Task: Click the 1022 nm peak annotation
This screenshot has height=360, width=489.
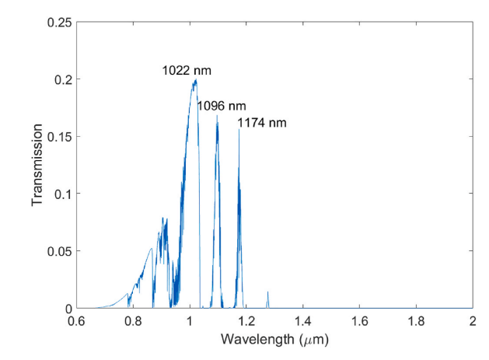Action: tap(187, 71)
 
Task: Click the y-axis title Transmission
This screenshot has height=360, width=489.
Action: tap(37, 166)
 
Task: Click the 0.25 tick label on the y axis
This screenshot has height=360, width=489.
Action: tap(61, 23)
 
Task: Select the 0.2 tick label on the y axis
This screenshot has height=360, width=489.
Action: tap(65, 80)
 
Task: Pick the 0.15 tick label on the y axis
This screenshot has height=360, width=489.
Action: tap(61, 137)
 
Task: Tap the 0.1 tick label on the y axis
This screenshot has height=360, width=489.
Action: tap(65, 194)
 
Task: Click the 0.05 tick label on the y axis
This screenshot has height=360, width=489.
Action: tap(61, 252)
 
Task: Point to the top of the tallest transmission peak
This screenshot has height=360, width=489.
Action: tap(195, 79)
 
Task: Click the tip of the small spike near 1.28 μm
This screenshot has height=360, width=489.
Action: tap(268, 292)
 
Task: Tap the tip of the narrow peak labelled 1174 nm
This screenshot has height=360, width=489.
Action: tap(239, 130)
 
